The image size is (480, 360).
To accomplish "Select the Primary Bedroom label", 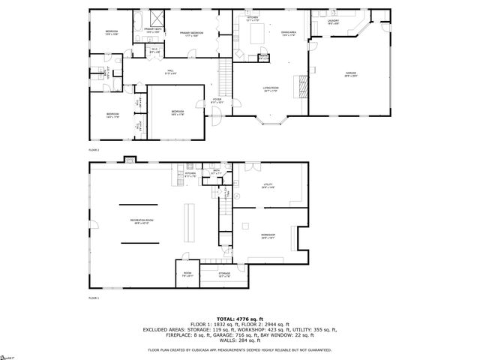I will point(193,34).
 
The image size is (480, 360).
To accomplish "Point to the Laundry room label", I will point(334,22).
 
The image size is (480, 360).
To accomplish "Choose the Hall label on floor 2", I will point(170,72).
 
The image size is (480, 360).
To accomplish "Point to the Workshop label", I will point(268,236).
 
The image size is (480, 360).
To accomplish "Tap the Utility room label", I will point(268,185).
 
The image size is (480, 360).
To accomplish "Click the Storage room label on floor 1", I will point(224,274).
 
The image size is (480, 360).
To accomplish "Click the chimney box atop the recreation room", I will point(130,158).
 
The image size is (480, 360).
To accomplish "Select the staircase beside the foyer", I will point(223,75).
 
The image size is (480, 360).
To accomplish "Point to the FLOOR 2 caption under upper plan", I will point(94,150).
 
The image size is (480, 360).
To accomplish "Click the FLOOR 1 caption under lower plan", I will point(94,298).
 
